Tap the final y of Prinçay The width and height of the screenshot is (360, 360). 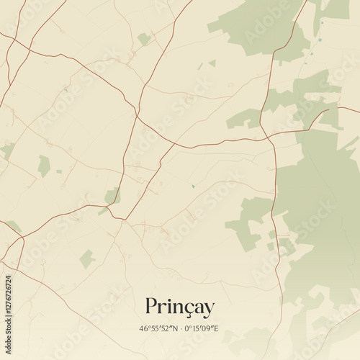(x=209, y=310)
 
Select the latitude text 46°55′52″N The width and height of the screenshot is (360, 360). (x=158, y=329)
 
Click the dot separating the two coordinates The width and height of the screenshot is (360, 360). (x=179, y=329)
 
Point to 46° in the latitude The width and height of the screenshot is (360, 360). (x=144, y=329)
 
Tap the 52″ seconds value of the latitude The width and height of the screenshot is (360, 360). (x=166, y=329)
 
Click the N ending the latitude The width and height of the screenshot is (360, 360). (x=174, y=329)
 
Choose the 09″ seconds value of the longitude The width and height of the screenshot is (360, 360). (x=208, y=329)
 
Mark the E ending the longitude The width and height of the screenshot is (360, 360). (x=216, y=329)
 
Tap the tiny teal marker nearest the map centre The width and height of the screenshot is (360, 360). (x=193, y=186)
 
